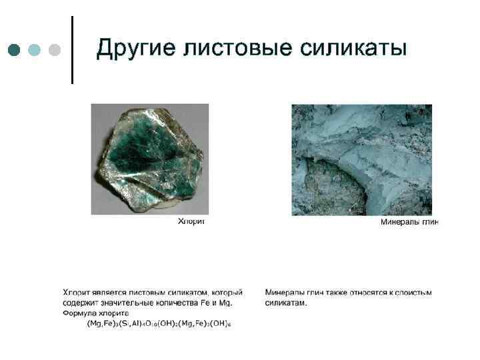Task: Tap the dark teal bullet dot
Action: click(x=14, y=49)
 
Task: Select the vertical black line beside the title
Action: click(x=71, y=50)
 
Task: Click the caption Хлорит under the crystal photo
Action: click(x=191, y=221)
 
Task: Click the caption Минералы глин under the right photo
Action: click(x=409, y=221)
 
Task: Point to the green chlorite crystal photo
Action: click(x=151, y=158)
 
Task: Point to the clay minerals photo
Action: click(x=361, y=159)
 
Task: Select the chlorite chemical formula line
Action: click(x=159, y=323)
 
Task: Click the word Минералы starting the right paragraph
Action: click(x=284, y=292)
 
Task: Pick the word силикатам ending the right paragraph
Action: click(x=285, y=303)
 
